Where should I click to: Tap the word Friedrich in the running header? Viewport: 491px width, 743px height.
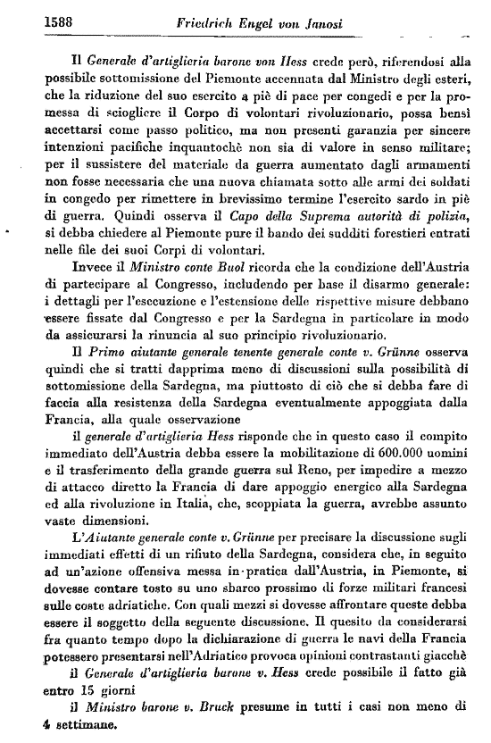(204, 20)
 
